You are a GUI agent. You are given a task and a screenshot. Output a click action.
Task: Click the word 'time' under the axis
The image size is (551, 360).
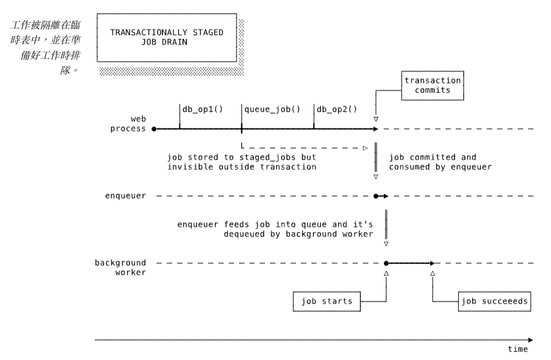pyautogui.click(x=518, y=349)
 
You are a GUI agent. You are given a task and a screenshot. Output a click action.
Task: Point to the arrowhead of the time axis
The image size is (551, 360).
pyautogui.click(x=530, y=340)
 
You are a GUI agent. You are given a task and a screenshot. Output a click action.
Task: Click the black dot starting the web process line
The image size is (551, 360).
pyautogui.click(x=154, y=129)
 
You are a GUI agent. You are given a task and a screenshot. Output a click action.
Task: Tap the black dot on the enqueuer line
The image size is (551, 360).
pyautogui.click(x=376, y=196)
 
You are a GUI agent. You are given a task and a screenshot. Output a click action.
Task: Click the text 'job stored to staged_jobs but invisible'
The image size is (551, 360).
pyautogui.click(x=239, y=162)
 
